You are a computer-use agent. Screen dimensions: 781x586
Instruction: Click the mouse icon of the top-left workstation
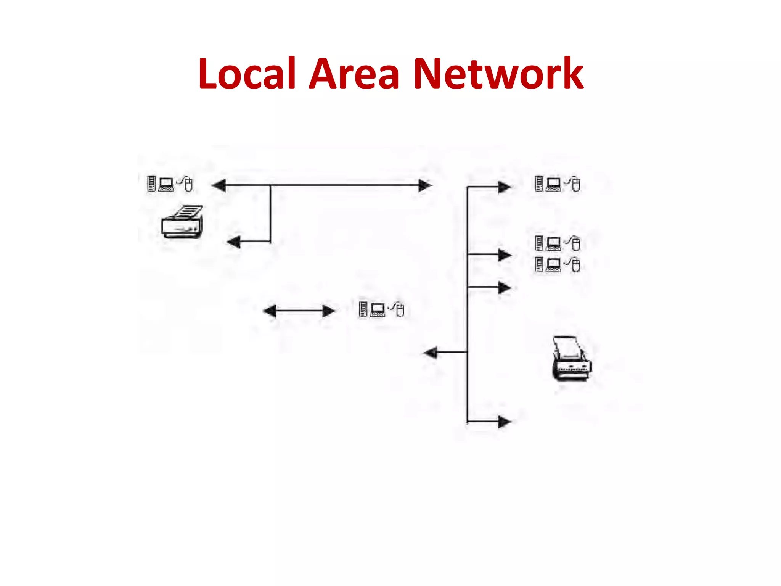click(x=188, y=184)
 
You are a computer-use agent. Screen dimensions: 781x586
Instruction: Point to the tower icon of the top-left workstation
click(x=151, y=184)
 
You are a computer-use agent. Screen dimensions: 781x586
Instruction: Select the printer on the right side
click(x=571, y=358)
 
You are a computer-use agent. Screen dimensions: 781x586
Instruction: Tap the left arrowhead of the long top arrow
click(x=219, y=185)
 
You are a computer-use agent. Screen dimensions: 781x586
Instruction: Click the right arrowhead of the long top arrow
click(x=424, y=185)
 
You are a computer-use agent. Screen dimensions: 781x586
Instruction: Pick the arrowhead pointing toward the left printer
click(x=234, y=241)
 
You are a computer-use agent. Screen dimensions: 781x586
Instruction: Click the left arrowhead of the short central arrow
click(x=270, y=311)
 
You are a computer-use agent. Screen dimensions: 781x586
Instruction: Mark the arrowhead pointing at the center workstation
click(x=328, y=311)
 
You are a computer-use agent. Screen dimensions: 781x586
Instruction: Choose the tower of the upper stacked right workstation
click(x=539, y=243)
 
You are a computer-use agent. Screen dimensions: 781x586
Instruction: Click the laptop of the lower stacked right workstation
click(x=553, y=264)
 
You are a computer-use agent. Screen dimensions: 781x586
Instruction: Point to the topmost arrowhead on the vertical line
click(x=504, y=187)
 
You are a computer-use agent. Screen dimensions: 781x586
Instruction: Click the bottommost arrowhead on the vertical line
click(x=504, y=422)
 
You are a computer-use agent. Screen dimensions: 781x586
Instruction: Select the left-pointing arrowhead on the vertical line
click(x=431, y=352)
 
